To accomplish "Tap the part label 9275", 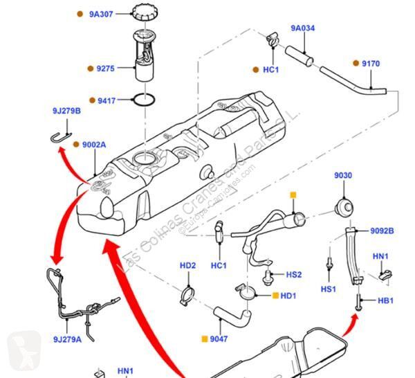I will pyautogui.click(x=106, y=68).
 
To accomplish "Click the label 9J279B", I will pyautogui.click(x=66, y=111).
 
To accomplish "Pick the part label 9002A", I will pyautogui.click(x=94, y=145).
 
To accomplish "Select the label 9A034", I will pyautogui.click(x=302, y=28).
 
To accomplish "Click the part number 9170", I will pyautogui.click(x=371, y=64).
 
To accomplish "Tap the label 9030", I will pyautogui.click(x=343, y=175).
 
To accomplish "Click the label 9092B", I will pyautogui.click(x=382, y=231).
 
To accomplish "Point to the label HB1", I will pyautogui.click(x=385, y=300).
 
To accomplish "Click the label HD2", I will pyautogui.click(x=187, y=265).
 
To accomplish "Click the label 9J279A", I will pyautogui.click(x=67, y=339).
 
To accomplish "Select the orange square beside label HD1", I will pyautogui.click(x=275, y=296).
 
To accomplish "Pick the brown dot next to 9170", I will pyautogui.click(x=356, y=63).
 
